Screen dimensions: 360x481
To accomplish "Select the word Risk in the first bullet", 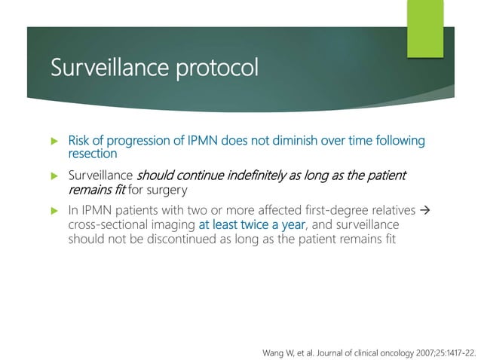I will pos(78,141).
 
